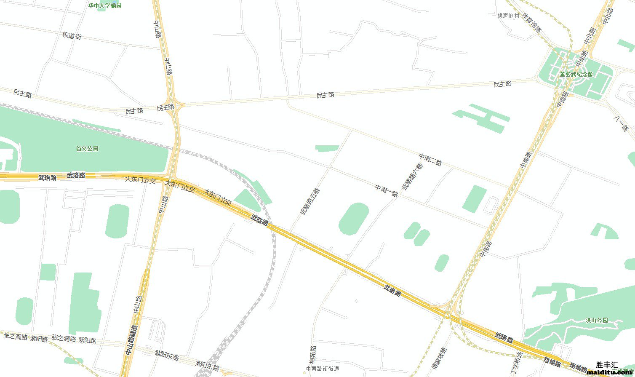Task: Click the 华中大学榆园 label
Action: [104, 5]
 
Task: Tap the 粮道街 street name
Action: [72, 36]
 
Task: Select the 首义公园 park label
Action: [87, 149]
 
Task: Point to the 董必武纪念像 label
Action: [576, 74]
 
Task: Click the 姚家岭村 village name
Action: [509, 16]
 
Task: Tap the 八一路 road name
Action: [621, 122]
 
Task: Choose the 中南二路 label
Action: [430, 160]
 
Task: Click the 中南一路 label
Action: [387, 190]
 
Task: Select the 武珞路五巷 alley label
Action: [310, 202]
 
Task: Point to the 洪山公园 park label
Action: [597, 320]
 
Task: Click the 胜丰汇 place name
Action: [607, 365]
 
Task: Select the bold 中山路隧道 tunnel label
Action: [129, 345]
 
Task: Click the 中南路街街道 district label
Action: [323, 369]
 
